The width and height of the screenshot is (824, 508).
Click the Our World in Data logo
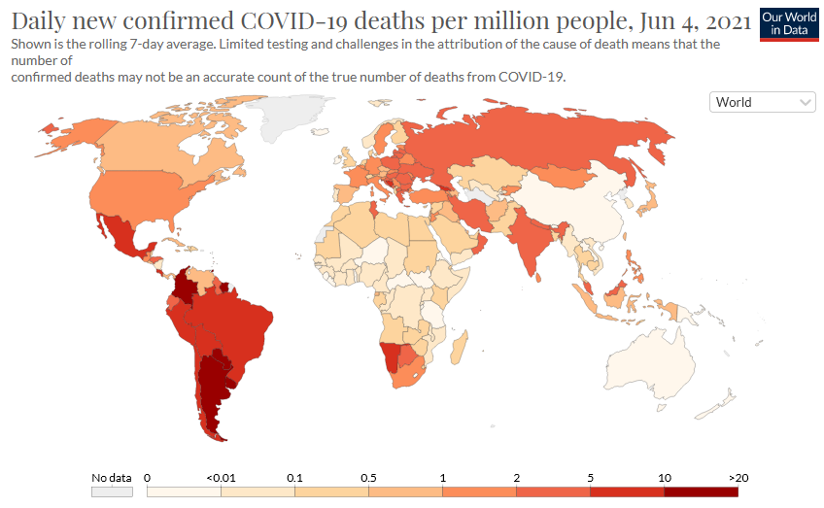(x=787, y=24)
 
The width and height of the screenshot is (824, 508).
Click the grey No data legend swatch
(x=112, y=492)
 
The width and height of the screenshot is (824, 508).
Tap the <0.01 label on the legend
(x=221, y=478)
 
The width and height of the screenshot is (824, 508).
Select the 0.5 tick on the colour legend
(x=368, y=478)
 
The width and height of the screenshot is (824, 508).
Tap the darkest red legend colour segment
(x=701, y=492)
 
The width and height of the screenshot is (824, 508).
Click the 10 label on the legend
(x=664, y=478)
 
